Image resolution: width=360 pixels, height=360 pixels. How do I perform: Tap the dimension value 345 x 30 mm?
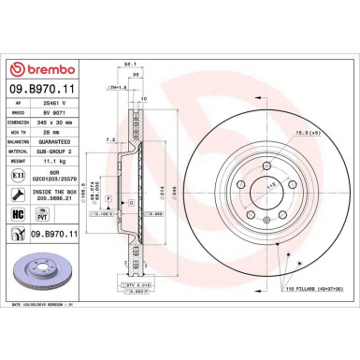pos(56,122)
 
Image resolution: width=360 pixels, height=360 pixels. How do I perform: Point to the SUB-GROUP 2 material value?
pos(56,151)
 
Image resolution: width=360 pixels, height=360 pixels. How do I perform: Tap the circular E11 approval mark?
pos(18,175)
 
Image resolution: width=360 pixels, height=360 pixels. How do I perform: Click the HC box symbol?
pos(18,214)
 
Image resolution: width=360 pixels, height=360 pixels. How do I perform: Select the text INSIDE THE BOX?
pos(60,192)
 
